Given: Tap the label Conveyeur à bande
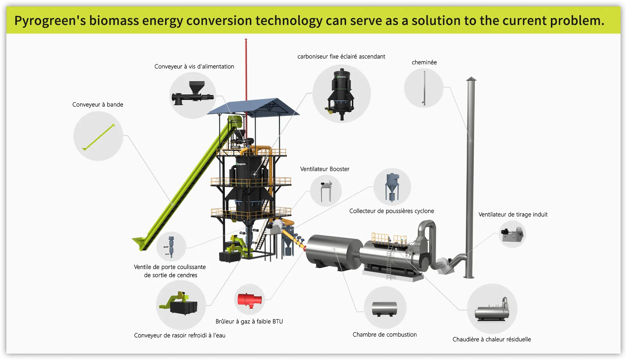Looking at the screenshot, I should [98, 105].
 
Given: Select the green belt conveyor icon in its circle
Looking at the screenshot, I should [98, 137].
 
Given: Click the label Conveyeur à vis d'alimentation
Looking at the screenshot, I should [194, 67].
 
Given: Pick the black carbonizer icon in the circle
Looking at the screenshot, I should [342, 94].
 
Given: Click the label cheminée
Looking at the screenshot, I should [424, 62].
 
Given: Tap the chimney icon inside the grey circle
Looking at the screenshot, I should [424, 88].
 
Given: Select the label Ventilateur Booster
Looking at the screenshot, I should [324, 169].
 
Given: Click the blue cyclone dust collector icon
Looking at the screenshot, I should [392, 187].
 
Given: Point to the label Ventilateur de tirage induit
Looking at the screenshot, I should [513, 214].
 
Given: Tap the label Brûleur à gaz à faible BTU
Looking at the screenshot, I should [249, 321].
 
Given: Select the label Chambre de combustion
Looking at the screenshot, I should [385, 334].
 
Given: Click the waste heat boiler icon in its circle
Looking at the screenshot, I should [492, 309].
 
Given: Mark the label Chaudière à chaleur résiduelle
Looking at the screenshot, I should [492, 339].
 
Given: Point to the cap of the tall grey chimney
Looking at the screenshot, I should [471, 79].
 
